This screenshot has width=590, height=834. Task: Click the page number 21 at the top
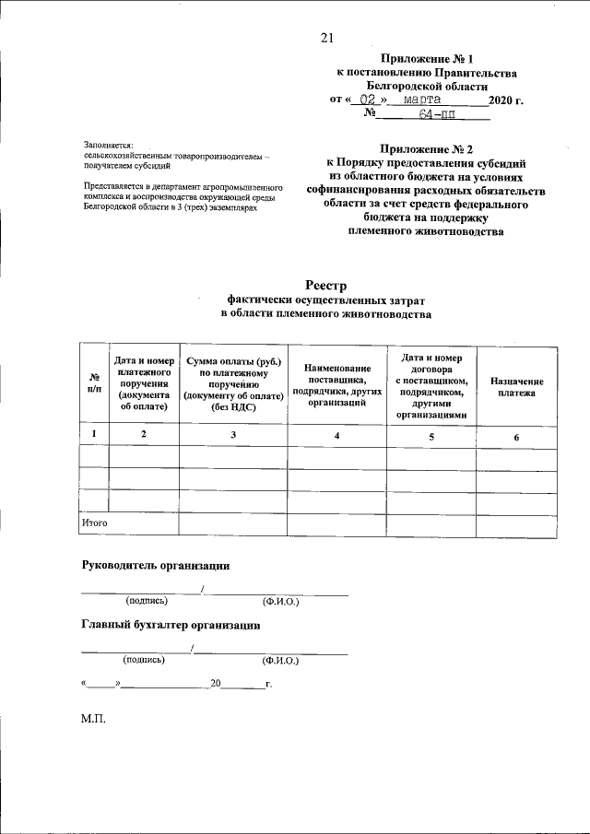click(325, 38)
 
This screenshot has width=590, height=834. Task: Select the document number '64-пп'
click(436, 115)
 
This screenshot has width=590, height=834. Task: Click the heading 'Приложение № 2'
click(425, 148)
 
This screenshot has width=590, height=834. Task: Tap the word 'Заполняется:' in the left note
click(108, 146)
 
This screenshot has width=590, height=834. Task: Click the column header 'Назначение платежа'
click(516, 386)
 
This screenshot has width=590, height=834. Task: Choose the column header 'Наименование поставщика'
click(336, 373)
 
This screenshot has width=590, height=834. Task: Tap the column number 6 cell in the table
click(516, 436)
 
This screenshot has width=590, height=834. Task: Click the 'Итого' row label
click(95, 523)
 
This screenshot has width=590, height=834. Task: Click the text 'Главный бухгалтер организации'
click(170, 625)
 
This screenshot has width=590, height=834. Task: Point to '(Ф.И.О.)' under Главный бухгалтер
click(280, 660)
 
